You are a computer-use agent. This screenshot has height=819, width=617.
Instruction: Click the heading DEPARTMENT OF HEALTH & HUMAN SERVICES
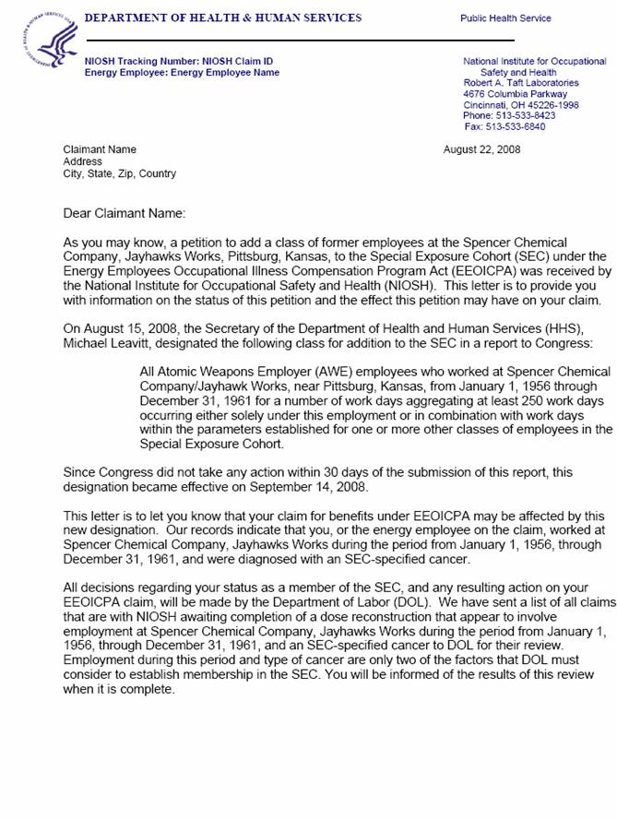tap(222, 18)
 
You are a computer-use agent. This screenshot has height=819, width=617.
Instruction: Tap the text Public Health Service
tap(505, 18)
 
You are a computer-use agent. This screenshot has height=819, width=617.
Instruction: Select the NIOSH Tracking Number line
tap(179, 62)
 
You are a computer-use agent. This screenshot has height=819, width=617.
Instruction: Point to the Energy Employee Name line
tap(182, 73)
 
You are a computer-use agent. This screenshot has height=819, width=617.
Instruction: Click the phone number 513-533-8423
tap(522, 115)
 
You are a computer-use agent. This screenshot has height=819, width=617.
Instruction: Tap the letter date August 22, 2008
tap(481, 149)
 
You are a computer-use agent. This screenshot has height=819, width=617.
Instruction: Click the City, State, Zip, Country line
tap(119, 173)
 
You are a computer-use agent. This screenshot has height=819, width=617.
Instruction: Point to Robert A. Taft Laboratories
tap(521, 83)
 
